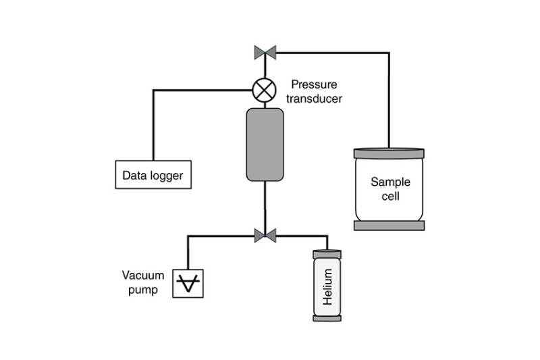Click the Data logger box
coord(153,177)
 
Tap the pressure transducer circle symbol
coord(265,89)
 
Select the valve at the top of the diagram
coord(265,51)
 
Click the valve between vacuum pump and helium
coord(265,235)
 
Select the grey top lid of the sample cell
coord(389,153)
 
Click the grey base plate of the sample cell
coord(389,225)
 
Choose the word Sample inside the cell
coord(389,183)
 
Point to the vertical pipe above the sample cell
coord(389,101)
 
